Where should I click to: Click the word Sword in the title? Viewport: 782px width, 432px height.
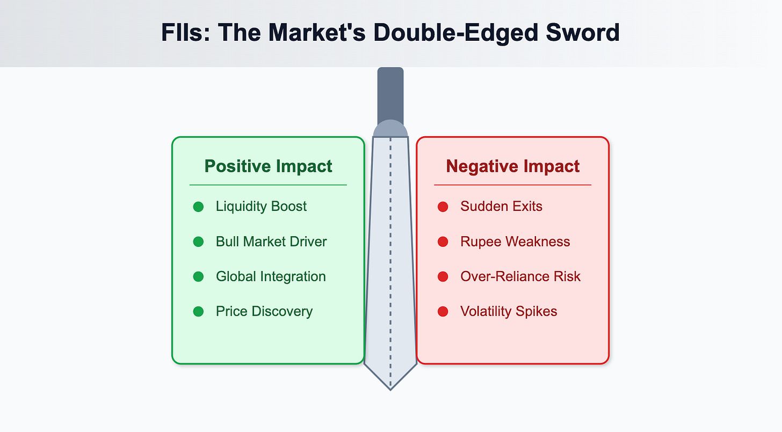[x=583, y=32]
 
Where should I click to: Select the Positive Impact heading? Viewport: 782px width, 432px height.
[x=268, y=166]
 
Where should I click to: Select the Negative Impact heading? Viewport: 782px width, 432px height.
[x=513, y=166]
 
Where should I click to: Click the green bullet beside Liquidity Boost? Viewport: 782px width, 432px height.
[x=198, y=207]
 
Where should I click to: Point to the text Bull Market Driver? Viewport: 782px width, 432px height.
[x=271, y=241]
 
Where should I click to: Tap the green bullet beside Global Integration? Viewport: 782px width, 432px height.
[x=198, y=276]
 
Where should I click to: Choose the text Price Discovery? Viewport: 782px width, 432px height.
[x=264, y=311]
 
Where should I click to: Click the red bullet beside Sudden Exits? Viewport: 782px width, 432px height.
[x=443, y=207]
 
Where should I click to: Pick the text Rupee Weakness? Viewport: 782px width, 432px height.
[x=515, y=241]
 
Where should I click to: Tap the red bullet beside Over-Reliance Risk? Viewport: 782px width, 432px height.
[x=443, y=276]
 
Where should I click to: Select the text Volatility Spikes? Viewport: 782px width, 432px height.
[x=509, y=311]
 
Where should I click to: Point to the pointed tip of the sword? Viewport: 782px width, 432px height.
[x=390, y=390]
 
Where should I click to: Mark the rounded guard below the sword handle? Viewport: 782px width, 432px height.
[x=390, y=128]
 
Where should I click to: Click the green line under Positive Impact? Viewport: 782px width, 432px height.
[x=268, y=185]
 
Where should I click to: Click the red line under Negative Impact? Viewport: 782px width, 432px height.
[x=512, y=185]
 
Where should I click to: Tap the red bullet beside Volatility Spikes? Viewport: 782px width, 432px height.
[x=443, y=311]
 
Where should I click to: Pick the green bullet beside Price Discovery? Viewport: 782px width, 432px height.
[x=198, y=311]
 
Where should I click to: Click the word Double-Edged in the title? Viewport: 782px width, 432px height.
[x=455, y=33]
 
